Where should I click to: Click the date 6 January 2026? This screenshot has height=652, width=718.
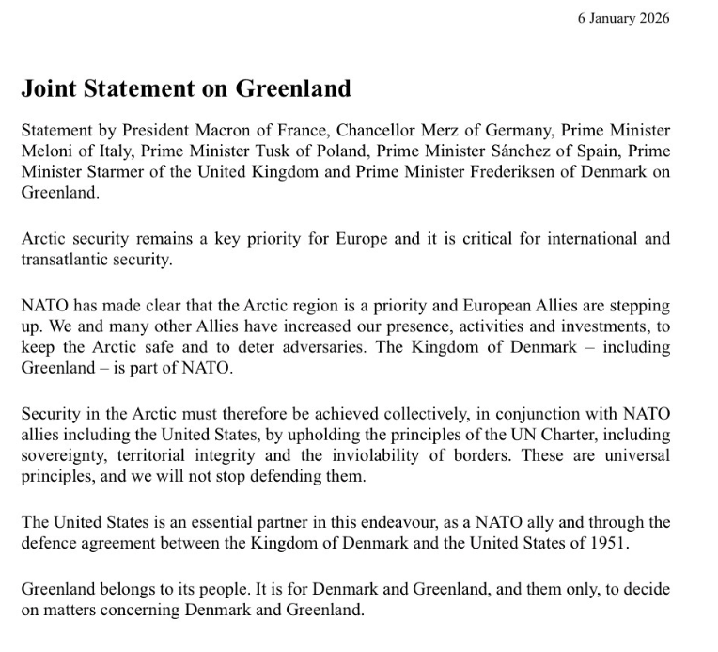(x=624, y=18)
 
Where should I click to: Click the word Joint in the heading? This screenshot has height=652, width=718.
(x=50, y=89)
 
